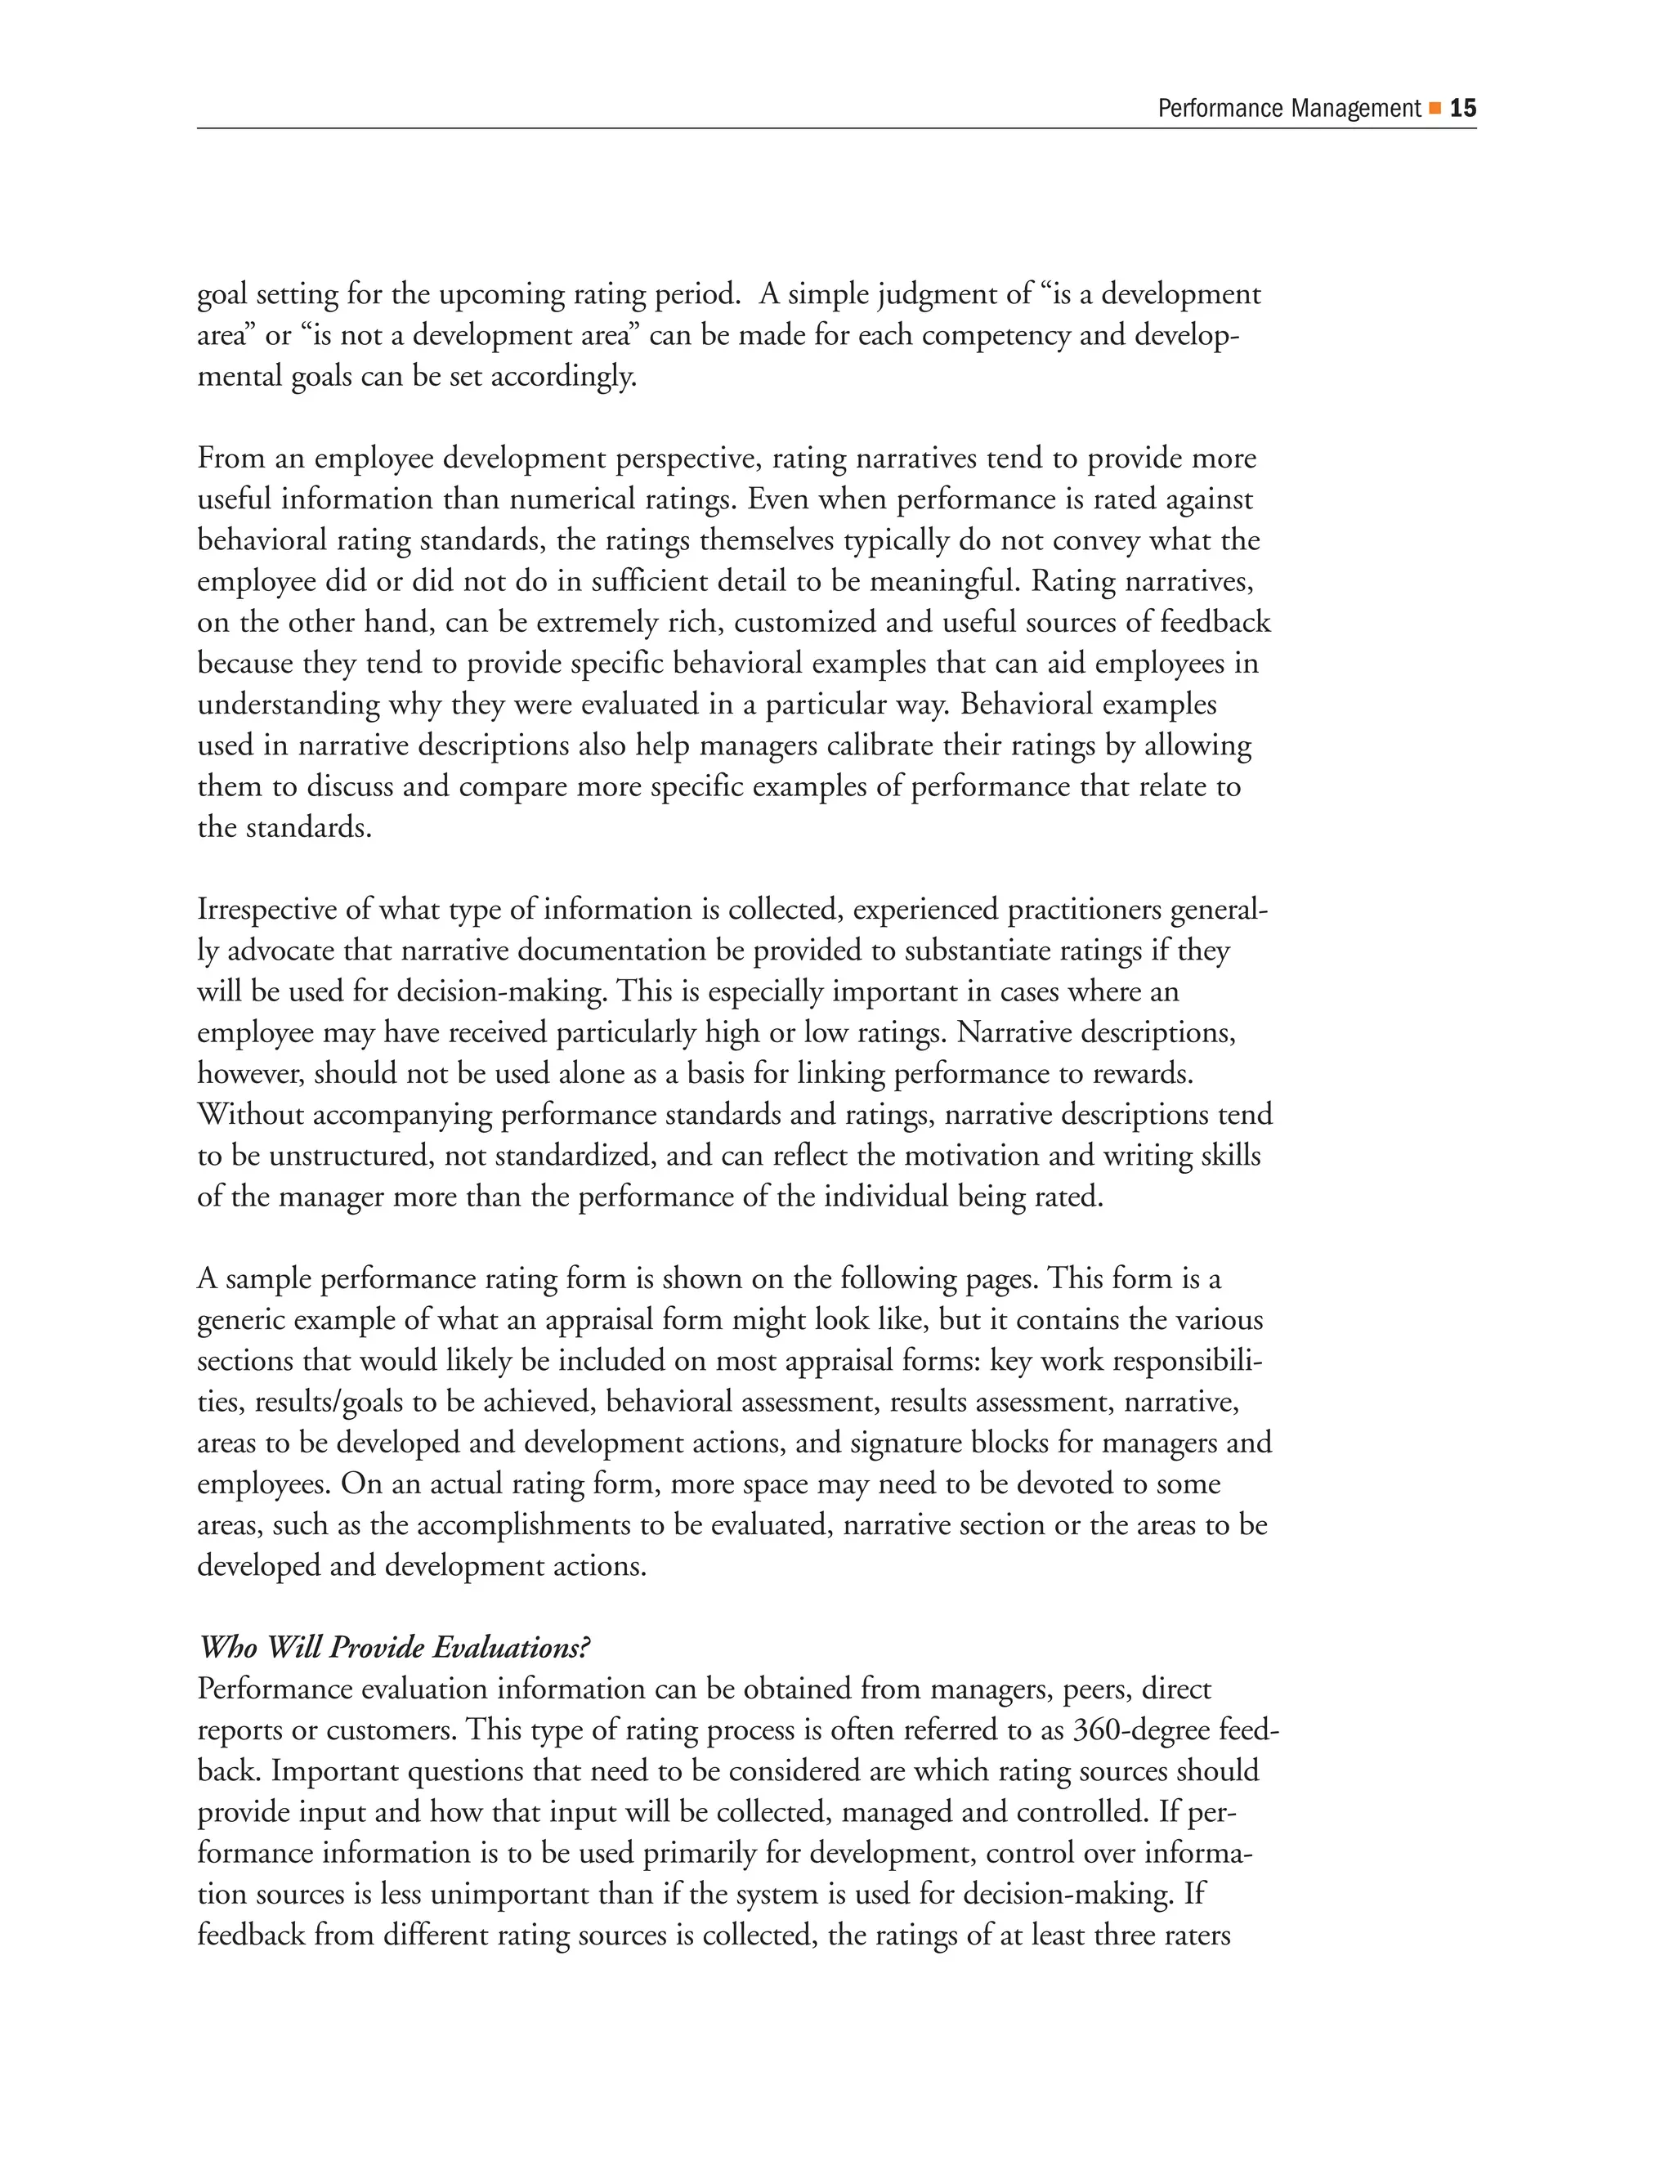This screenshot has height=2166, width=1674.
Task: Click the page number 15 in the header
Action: click(1463, 108)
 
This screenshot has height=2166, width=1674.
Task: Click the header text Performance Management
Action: click(1288, 108)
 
